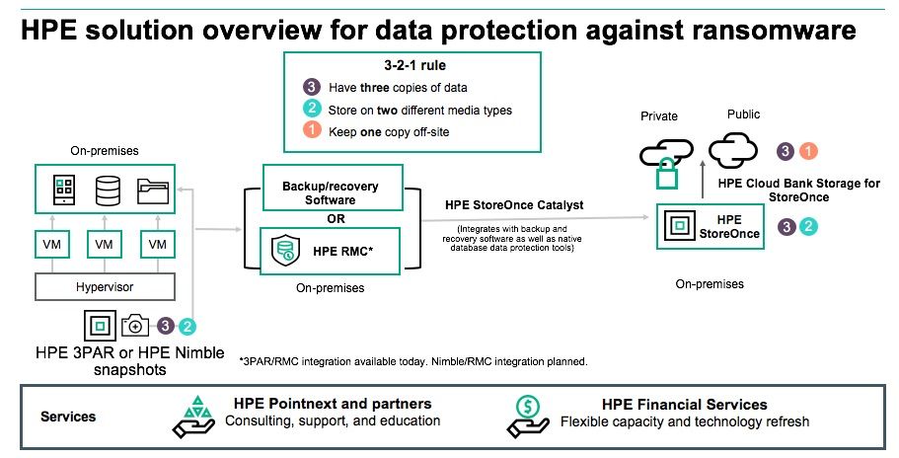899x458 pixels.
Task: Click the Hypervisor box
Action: point(105,286)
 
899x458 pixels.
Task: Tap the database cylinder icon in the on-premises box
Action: point(108,191)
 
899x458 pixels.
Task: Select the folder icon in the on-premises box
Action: point(153,191)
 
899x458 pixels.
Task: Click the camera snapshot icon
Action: point(135,326)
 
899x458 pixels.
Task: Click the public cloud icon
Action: point(733,150)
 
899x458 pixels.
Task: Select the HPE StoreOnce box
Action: point(711,226)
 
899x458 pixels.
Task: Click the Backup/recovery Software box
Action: point(333,188)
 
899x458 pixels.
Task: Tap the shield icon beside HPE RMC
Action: point(285,251)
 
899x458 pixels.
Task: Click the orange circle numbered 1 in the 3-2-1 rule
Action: point(311,129)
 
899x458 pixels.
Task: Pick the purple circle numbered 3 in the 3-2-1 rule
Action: point(311,87)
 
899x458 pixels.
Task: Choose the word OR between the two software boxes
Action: point(336,219)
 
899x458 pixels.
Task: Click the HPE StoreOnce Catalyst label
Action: point(514,205)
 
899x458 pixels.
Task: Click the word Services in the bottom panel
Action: point(68,417)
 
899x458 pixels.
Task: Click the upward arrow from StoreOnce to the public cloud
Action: point(703,180)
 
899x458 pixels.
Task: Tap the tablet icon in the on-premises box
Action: point(63,191)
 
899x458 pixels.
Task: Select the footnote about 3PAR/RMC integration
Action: point(413,361)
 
